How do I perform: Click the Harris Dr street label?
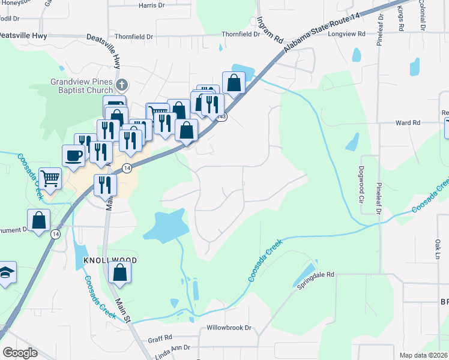click(151, 5)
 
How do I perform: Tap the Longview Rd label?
click(346, 34)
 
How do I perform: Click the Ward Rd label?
click(408, 123)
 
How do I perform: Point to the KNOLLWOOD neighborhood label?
click(106, 260)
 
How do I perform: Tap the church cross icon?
click(121, 84)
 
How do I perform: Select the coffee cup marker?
click(73, 155)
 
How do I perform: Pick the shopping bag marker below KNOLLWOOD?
click(120, 272)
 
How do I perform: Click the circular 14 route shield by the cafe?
click(127, 169)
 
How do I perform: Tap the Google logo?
click(20, 353)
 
